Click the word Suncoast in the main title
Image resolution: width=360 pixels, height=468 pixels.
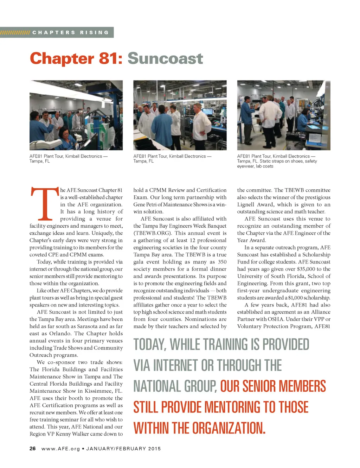pyautogui.click(x=165, y=58)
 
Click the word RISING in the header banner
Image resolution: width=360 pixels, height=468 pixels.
pyautogui.click(x=94, y=32)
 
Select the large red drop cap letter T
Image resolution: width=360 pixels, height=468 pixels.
pyautogui.click(x=45, y=204)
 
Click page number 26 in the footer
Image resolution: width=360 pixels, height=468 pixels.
pyautogui.click(x=33, y=449)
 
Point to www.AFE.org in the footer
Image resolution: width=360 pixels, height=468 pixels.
pyautogui.click(x=60, y=449)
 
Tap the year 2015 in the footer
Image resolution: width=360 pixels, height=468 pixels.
pyautogui.click(x=154, y=449)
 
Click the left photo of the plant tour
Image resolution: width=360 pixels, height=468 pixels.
pyautogui.click(x=76, y=115)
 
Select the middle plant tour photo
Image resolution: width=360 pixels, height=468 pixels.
pyautogui.click(x=180, y=115)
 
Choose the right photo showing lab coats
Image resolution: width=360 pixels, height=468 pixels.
pyautogui.click(x=284, y=115)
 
